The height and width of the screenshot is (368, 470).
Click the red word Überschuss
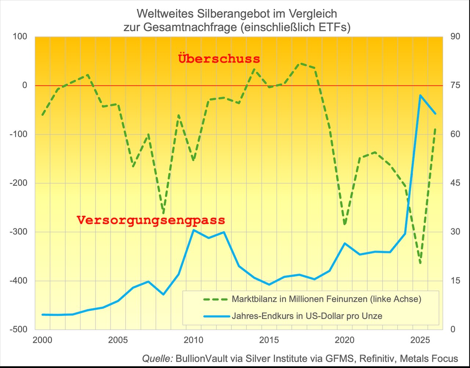coord(219,59)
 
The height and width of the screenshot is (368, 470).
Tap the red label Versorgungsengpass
coord(151,220)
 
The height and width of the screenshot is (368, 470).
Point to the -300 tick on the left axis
coord(20,232)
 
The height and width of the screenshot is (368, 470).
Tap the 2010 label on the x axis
coord(193,340)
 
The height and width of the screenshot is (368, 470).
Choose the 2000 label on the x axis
coord(42,340)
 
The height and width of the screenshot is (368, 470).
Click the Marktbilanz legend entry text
coord(326,299)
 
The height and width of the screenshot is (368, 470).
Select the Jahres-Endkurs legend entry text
coord(307,316)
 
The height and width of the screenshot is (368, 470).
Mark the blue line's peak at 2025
coord(420,95)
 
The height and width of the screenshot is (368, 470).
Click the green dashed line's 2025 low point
coord(420,263)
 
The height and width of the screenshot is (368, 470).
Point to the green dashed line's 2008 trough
coord(163,213)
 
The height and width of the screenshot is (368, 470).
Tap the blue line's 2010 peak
coord(194,230)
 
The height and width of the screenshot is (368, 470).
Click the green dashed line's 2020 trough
coord(344,224)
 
